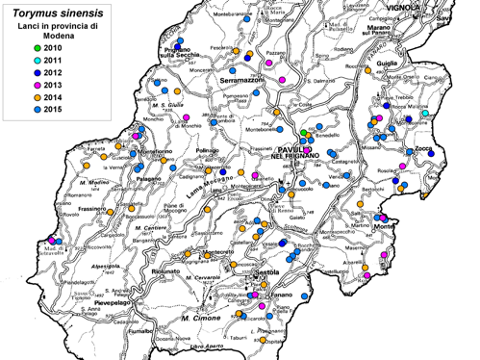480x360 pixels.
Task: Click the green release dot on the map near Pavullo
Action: click(303, 133)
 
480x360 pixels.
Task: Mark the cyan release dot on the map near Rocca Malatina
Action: click(424, 114)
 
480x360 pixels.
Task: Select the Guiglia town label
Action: click(387, 64)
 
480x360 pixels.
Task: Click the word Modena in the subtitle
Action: click(55, 36)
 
